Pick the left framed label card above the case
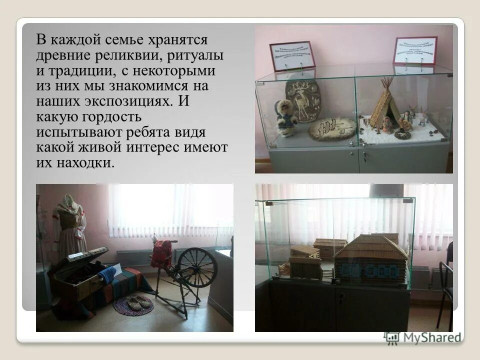click(x=292, y=55)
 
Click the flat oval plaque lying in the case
click(x=332, y=128)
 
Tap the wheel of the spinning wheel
click(x=197, y=267)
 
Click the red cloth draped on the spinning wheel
click(x=162, y=254)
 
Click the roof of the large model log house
click(x=370, y=247)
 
